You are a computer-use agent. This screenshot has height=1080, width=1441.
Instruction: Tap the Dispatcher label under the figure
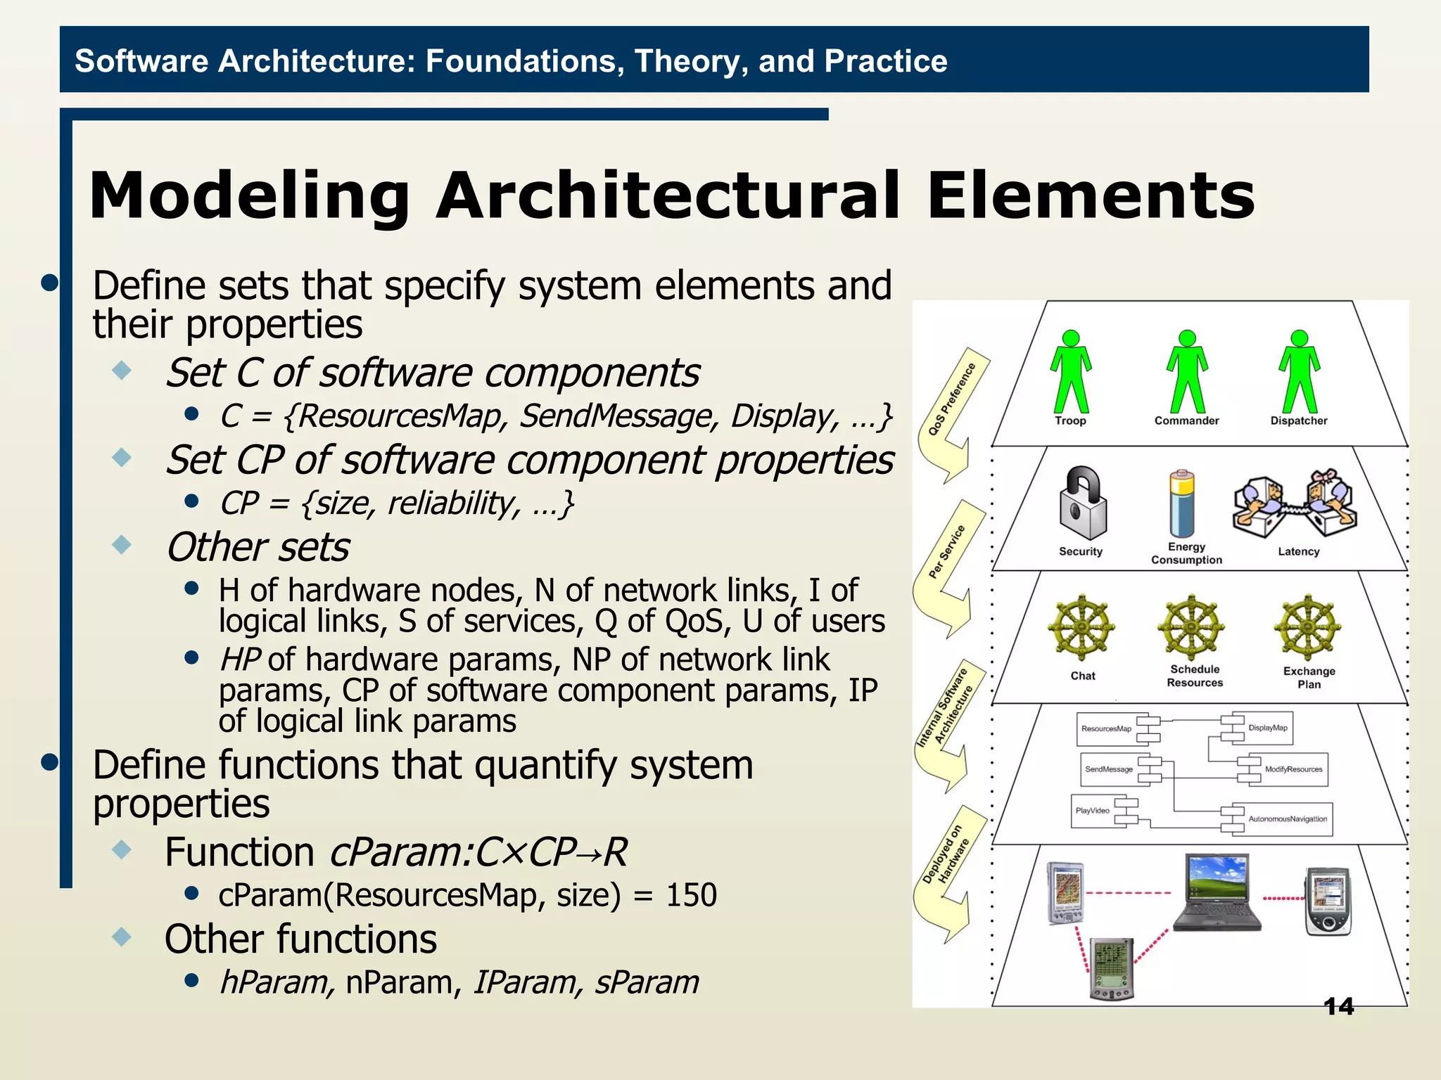tap(1298, 420)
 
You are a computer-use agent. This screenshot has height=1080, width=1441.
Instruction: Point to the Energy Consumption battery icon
tap(1182, 504)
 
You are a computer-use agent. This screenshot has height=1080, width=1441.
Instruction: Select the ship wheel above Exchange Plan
tap(1308, 627)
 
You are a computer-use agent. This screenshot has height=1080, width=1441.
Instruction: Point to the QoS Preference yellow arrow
tap(953, 415)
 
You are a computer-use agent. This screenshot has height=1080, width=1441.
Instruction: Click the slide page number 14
tap(1338, 1007)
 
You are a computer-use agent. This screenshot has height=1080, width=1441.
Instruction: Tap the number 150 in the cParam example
tap(691, 895)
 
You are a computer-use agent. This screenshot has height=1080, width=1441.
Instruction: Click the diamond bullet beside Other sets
tap(122, 544)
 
